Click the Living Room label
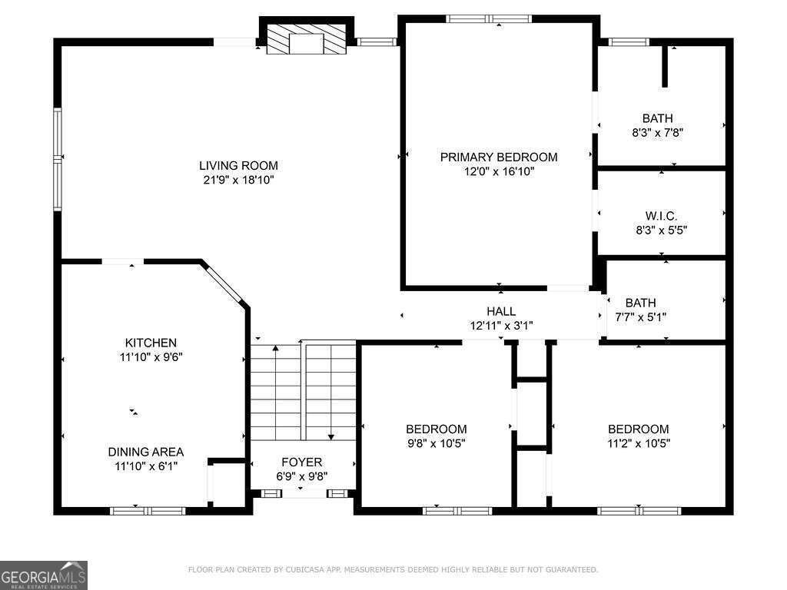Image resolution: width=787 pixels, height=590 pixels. (x=238, y=166)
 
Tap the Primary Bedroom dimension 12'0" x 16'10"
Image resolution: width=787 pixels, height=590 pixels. (x=499, y=171)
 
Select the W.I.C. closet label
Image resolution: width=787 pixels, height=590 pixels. (x=661, y=216)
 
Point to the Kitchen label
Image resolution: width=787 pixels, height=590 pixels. (x=151, y=343)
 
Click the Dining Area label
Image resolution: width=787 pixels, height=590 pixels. (x=146, y=452)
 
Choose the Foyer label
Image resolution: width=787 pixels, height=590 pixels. (x=301, y=462)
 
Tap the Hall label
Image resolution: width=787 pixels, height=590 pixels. (x=501, y=311)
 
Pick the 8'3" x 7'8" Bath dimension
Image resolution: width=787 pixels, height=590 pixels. (x=658, y=133)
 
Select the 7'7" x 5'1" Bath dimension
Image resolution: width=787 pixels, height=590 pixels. (x=640, y=317)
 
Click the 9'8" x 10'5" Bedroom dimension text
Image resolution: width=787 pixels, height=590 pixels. (x=437, y=443)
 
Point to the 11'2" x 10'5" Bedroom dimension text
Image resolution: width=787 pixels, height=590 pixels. (x=639, y=443)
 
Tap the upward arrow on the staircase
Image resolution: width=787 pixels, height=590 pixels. (x=275, y=391)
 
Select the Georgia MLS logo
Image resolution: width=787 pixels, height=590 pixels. (x=44, y=575)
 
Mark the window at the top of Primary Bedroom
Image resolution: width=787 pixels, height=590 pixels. (x=489, y=19)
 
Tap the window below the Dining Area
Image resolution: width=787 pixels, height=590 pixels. (x=148, y=511)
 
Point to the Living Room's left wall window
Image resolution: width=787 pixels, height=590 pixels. (x=58, y=158)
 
